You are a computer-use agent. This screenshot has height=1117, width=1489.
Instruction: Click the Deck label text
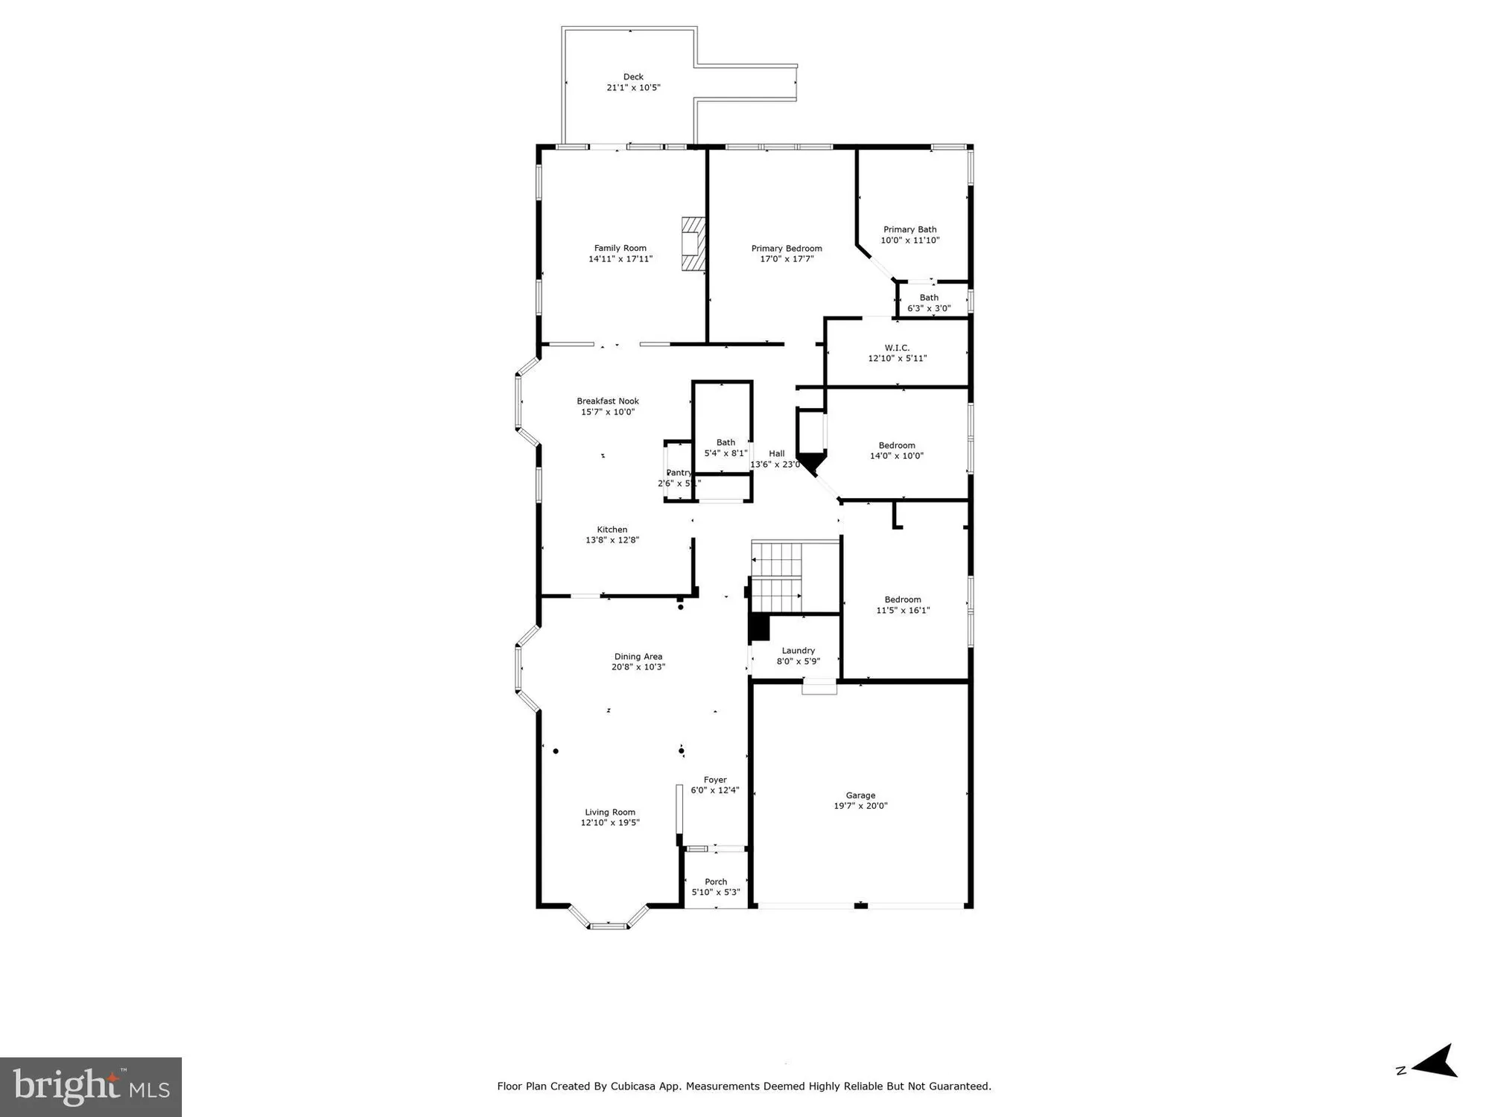click(x=633, y=77)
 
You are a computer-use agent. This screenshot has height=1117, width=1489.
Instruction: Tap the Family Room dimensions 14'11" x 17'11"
click(x=620, y=259)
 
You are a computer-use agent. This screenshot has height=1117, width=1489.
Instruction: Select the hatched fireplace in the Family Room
click(x=693, y=244)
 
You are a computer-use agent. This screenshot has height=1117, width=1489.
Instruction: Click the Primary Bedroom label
click(x=786, y=249)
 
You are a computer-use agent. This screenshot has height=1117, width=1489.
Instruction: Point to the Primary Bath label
click(x=909, y=229)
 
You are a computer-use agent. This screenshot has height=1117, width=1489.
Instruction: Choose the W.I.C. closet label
click(x=897, y=348)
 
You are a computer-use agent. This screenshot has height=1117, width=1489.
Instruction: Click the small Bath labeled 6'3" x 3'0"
click(x=928, y=303)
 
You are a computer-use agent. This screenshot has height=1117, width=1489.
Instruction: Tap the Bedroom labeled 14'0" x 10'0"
click(x=896, y=451)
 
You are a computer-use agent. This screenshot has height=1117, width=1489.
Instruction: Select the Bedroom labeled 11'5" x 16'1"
click(x=902, y=605)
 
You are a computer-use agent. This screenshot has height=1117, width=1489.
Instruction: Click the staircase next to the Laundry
click(x=776, y=577)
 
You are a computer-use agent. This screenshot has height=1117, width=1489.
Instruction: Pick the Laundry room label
click(x=798, y=651)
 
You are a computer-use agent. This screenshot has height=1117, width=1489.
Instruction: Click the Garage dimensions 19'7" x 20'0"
click(x=860, y=806)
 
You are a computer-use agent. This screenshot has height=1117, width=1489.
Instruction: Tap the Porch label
click(x=715, y=882)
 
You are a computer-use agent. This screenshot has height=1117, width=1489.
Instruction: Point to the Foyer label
click(x=714, y=780)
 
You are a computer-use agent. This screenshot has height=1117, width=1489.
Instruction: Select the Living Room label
click(x=609, y=812)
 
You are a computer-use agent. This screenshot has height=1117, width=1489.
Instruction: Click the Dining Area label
click(x=638, y=657)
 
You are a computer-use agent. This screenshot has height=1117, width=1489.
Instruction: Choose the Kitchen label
click(x=612, y=529)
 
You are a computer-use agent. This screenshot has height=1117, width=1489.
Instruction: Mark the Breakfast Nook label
click(x=607, y=401)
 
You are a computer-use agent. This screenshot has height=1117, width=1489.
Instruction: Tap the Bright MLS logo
click(x=90, y=1086)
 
